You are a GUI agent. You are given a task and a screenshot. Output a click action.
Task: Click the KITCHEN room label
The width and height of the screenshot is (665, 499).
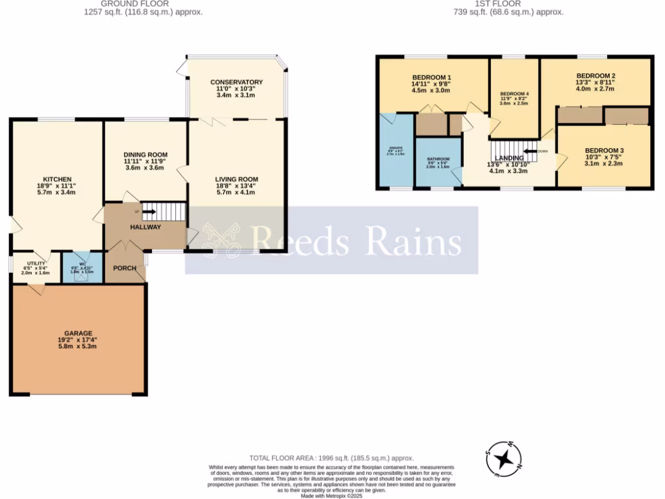(57, 179)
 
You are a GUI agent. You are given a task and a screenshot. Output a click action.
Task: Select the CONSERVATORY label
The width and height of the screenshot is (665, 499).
(236, 82)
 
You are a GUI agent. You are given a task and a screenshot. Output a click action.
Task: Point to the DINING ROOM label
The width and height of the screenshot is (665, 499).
(145, 155)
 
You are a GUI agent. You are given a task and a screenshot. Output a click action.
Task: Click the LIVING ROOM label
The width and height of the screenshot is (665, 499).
(237, 179)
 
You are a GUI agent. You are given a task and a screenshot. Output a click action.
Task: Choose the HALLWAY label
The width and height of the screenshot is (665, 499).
(145, 227)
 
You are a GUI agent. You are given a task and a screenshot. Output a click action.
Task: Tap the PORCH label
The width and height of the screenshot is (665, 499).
(125, 268)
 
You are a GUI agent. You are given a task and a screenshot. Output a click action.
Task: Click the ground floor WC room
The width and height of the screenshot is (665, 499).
(82, 268)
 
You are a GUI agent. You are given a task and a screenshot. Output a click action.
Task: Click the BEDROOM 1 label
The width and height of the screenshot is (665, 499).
(431, 77)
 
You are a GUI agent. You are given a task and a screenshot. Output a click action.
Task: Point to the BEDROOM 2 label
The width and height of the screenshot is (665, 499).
(596, 75)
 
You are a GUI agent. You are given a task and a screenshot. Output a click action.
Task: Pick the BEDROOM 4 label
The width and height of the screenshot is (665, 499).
(514, 94)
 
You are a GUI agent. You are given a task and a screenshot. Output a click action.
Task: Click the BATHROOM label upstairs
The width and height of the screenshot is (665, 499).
(438, 159)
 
